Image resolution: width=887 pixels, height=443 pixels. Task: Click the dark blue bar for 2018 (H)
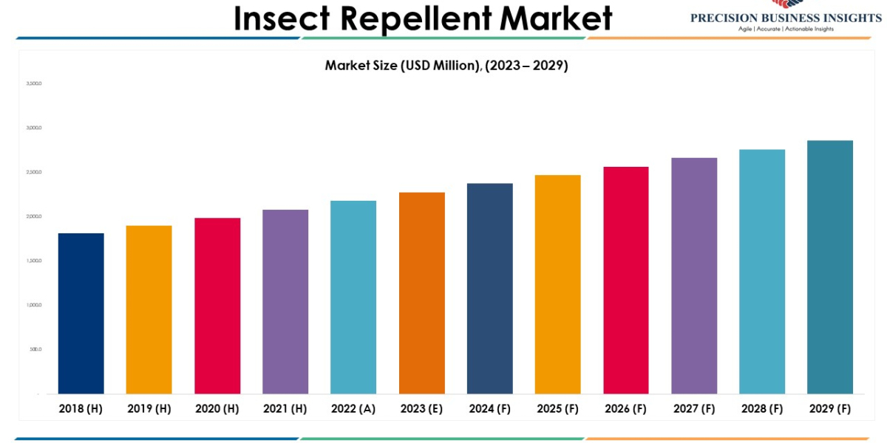coord(81,314)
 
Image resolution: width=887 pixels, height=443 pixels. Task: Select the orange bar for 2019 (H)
coord(149,310)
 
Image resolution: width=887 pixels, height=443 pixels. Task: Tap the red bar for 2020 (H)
coord(217,306)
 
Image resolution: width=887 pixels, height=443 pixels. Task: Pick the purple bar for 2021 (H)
coord(285,302)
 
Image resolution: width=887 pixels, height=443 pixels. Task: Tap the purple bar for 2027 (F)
coord(694,276)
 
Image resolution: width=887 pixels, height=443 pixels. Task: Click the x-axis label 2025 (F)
coord(558,409)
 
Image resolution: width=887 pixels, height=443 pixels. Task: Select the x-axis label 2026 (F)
coord(626,409)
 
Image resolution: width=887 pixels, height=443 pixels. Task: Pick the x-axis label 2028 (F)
coord(762,409)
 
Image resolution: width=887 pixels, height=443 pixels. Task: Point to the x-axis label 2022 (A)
coord(353,409)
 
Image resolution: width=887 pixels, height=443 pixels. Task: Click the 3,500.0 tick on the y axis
coord(34,83)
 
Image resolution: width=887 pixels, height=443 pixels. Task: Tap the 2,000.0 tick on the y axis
coord(34,216)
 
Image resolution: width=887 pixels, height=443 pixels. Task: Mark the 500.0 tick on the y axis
coord(35,349)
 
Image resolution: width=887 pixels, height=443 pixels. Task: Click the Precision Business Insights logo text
coord(786,18)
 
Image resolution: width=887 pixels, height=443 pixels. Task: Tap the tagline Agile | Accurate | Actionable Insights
coord(786,29)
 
